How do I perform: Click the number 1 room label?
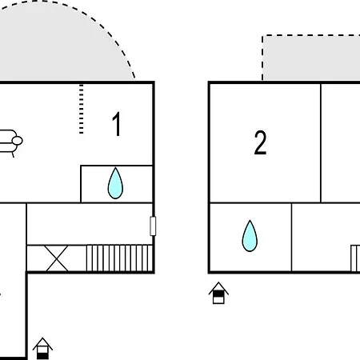pyautogui.click(x=117, y=124)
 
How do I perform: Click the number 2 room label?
pyautogui.click(x=260, y=142)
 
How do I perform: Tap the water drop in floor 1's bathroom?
pyautogui.click(x=115, y=183)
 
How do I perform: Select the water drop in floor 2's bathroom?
pyautogui.click(x=250, y=236)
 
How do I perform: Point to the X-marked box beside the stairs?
pyautogui.click(x=57, y=258)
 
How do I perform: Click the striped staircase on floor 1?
pyautogui.click(x=119, y=258)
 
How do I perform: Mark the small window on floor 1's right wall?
pyautogui.click(x=153, y=226)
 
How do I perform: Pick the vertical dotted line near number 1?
pyautogui.click(x=82, y=109)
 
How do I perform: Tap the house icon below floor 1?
pyautogui.click(x=42, y=349)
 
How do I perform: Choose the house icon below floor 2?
pyautogui.click(x=218, y=293)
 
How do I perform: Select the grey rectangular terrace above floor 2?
pyautogui.click(x=311, y=58)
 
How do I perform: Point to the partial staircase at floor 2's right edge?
pyautogui.click(x=355, y=258)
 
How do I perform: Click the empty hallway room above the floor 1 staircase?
pyautogui.click(x=90, y=224)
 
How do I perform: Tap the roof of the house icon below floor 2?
pyautogui.click(x=218, y=286)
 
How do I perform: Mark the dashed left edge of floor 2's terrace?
pyautogui.click(x=262, y=58)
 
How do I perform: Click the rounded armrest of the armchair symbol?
pyautogui.click(x=18, y=141)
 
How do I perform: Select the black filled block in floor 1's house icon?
pyautogui.click(x=42, y=356)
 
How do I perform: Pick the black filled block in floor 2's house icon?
pyautogui.click(x=218, y=294)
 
